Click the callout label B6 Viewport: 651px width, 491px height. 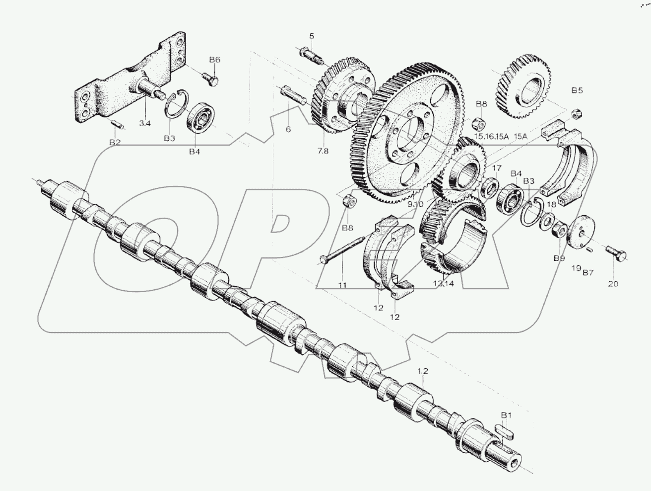(214, 60)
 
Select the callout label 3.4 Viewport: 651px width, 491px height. (144, 123)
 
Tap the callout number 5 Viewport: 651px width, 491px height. (312, 35)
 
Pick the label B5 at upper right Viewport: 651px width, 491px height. (577, 90)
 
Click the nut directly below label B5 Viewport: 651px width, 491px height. (577, 113)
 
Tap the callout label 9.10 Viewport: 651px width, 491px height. (415, 203)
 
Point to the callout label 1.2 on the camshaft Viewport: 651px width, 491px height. (422, 371)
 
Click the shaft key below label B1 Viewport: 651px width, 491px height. (506, 430)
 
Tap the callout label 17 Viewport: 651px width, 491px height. (497, 167)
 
